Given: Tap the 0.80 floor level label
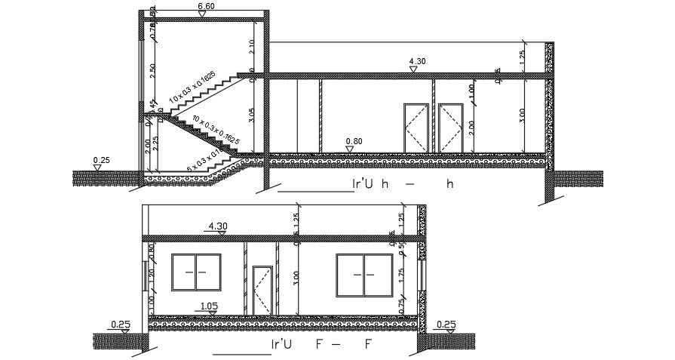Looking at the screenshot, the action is click(x=353, y=140).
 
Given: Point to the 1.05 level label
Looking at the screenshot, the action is click(x=209, y=306).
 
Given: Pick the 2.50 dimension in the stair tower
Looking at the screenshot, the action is click(x=152, y=69).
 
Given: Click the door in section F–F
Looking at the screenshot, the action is click(x=262, y=291).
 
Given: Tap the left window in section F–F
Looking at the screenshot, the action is click(x=196, y=272).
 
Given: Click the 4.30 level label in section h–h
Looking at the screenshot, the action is click(x=416, y=62).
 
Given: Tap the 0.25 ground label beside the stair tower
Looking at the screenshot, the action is click(x=101, y=160).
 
